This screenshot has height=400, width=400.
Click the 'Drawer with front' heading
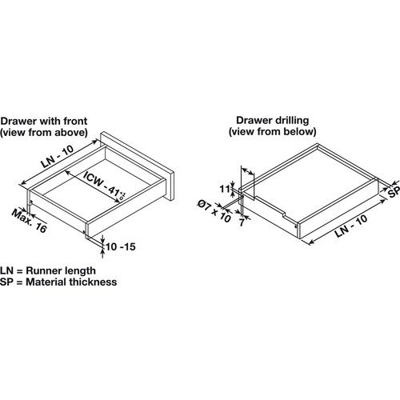(x=44, y=121)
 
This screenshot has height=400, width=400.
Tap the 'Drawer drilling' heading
(x=273, y=120)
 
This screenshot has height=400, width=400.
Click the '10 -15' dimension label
(x=121, y=246)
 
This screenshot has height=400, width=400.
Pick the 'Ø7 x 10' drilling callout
(x=214, y=211)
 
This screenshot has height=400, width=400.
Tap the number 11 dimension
(x=225, y=189)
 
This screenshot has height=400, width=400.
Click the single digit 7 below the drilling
(x=241, y=222)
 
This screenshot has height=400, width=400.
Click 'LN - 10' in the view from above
(x=57, y=157)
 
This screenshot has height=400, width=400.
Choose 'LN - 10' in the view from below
(x=351, y=226)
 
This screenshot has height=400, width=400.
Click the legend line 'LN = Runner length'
(x=48, y=270)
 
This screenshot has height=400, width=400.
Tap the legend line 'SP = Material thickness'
(x=58, y=282)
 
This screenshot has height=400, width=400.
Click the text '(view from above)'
(x=44, y=133)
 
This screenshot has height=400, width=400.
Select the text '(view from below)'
(x=273, y=131)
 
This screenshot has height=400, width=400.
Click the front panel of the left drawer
(x=137, y=166)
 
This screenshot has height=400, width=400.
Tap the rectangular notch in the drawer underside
(x=283, y=213)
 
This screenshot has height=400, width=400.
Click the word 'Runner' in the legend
(x=42, y=270)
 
